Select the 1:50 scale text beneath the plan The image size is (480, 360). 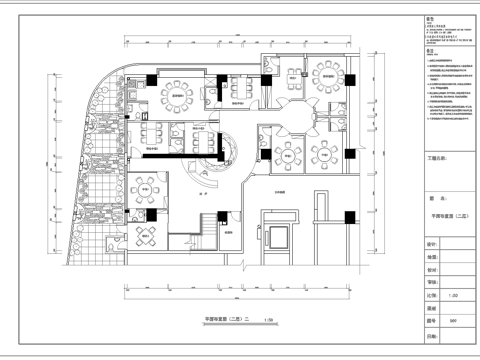[x=269, y=319]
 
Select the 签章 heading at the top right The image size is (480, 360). [x=430, y=16]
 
